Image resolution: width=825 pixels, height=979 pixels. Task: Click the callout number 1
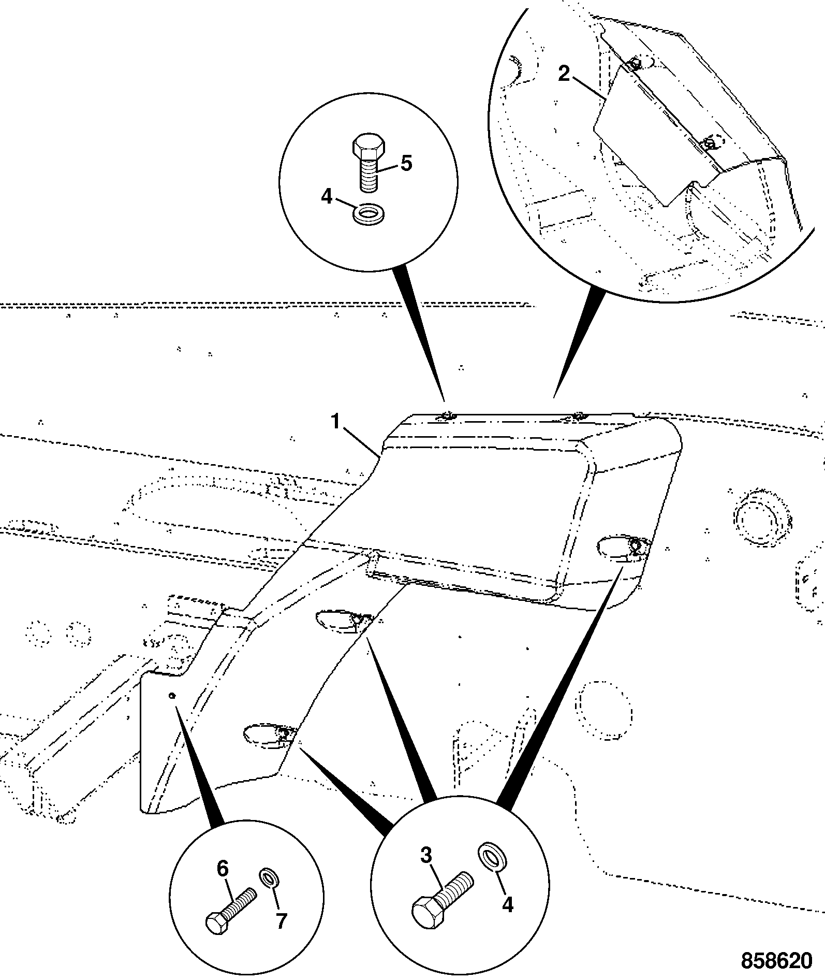point(336,422)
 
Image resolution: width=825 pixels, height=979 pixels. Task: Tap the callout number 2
point(564,74)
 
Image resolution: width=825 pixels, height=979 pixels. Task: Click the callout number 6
point(222,869)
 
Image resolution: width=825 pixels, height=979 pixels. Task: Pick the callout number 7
point(281,922)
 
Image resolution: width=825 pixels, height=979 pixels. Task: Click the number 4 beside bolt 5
point(327,197)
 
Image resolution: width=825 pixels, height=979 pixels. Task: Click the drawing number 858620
point(777,961)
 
